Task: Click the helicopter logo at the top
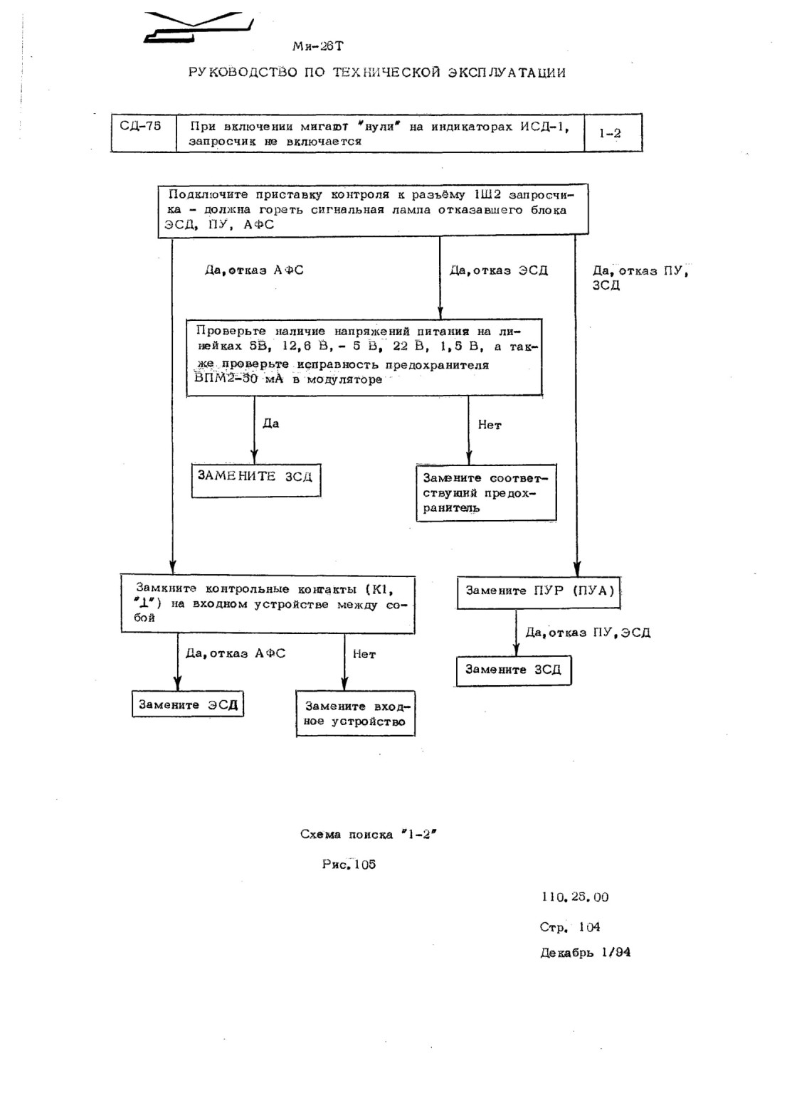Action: tap(199, 27)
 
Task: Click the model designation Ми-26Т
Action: tap(317, 46)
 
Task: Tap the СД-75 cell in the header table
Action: tap(144, 133)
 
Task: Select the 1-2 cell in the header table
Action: tap(613, 133)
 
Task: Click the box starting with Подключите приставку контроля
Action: tap(373, 210)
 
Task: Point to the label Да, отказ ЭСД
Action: tap(499, 270)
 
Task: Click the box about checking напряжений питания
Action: tap(364, 357)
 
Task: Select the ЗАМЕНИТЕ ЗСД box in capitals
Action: tap(256, 480)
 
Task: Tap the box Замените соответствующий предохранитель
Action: tap(486, 492)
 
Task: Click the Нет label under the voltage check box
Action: tap(490, 425)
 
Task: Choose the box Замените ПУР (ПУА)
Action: tap(538, 592)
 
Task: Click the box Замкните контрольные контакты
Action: tap(268, 604)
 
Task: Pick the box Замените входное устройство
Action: tap(355, 714)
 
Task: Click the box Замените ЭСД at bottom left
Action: tap(188, 704)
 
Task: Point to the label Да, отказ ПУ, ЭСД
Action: tap(588, 633)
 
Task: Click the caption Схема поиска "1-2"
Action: tap(368, 834)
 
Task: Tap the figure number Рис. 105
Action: tap(349, 865)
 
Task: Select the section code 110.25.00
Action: tap(575, 897)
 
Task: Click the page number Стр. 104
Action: tap(570, 926)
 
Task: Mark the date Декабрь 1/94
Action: tap(586, 953)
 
